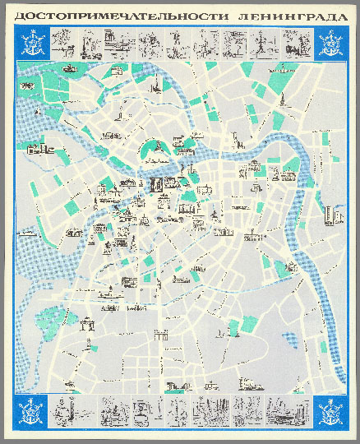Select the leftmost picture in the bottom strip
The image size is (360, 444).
click(x=63, y=406)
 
